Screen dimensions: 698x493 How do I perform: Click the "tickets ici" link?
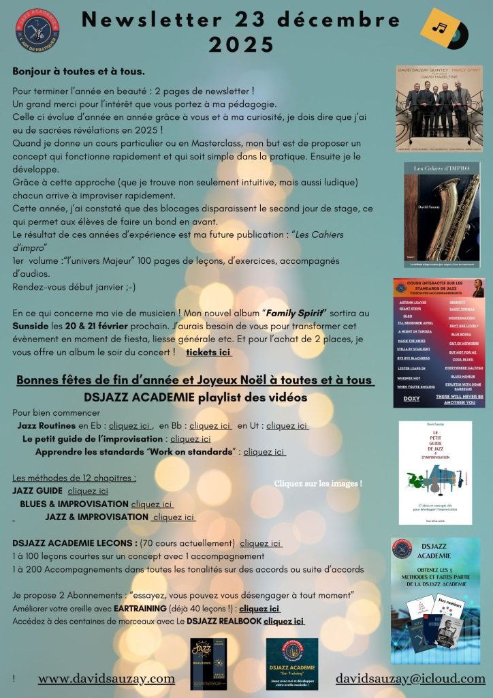point(208,352)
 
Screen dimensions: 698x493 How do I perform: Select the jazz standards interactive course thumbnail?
point(440,343)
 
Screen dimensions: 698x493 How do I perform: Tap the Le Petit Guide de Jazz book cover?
point(434,472)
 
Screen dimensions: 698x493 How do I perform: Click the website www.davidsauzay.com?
point(106,678)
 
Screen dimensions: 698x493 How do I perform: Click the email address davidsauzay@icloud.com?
point(411,678)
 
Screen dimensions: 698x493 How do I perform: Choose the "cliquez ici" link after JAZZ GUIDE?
point(88,491)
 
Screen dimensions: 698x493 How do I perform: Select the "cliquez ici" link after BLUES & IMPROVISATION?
point(152,504)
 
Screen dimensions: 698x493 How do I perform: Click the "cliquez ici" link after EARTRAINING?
point(259,609)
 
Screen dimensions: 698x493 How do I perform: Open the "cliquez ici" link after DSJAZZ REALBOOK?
point(284,621)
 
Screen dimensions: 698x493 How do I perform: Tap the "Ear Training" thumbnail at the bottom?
point(291,663)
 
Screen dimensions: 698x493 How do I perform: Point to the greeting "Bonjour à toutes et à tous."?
point(78,72)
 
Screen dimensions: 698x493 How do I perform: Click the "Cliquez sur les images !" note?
point(317,483)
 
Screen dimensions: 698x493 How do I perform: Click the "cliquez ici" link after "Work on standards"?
point(264,451)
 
